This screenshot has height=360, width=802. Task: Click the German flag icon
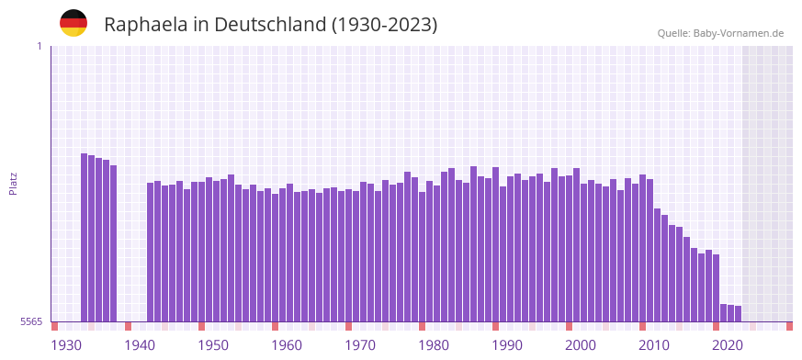73,23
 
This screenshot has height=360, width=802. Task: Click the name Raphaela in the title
145,25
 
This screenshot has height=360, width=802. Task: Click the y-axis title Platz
13,183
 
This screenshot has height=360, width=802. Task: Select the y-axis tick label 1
39,46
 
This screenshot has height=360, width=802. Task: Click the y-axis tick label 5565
30,321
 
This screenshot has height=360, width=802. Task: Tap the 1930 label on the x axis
66,345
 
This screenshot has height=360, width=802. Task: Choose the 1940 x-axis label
140,345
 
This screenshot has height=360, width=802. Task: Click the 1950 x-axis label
213,345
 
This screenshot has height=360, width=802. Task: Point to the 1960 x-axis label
287,345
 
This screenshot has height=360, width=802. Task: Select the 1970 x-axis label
360,345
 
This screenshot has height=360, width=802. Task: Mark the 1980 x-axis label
434,345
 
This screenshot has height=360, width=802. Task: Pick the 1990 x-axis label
507,345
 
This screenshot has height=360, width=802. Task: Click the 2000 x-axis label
581,345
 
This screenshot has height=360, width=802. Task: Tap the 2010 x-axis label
654,345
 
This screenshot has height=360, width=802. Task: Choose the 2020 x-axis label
728,345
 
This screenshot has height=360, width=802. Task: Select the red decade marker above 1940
128,326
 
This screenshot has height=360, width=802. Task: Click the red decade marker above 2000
569,326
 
